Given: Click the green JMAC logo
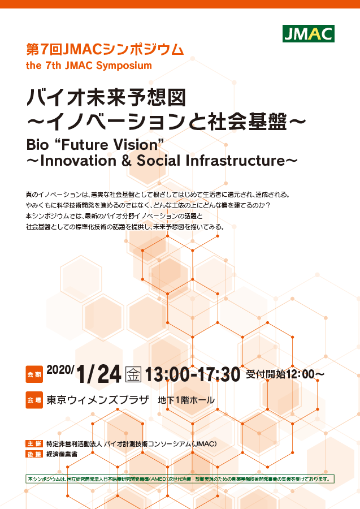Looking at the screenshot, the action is click(309, 34).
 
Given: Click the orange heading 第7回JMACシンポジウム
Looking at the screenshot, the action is click(105, 49).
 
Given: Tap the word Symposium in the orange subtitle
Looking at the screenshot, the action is click(124, 66).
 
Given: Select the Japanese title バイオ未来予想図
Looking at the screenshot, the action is click(106, 97).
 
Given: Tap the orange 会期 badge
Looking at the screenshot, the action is click(34, 374).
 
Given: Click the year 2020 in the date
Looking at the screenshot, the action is click(60, 369).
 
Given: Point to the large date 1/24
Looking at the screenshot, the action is click(99, 374).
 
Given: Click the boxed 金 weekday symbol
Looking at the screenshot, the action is click(133, 374).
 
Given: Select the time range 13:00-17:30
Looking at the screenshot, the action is click(193, 374).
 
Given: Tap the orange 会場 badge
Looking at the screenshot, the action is click(34, 400).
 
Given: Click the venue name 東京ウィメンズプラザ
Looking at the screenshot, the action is click(98, 400).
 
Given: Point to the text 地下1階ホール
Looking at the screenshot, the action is click(186, 400).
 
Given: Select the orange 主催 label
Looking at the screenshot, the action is click(34, 444).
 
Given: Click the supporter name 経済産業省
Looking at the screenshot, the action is click(62, 454).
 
